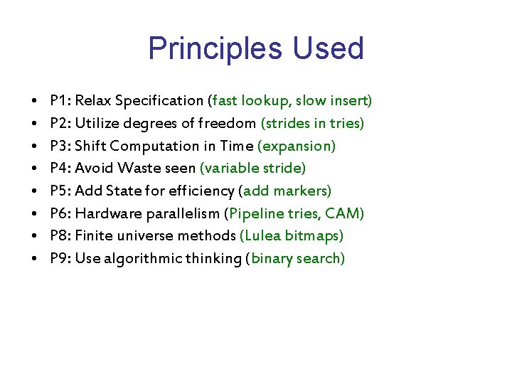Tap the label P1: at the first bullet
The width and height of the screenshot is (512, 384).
click(x=60, y=101)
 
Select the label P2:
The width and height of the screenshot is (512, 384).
click(x=60, y=124)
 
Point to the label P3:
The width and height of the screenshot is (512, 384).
click(x=60, y=146)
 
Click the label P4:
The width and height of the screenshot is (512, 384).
click(x=60, y=169)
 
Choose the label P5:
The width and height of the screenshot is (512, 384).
click(x=60, y=191)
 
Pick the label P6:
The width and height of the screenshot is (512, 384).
click(x=60, y=213)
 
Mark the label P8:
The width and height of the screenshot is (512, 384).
click(x=60, y=235)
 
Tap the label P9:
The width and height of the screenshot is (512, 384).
click(x=60, y=258)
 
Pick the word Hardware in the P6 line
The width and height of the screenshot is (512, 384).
click(x=105, y=213)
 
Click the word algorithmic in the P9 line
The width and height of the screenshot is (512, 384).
click(x=137, y=258)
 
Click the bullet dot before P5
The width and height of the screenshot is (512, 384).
click(x=34, y=191)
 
